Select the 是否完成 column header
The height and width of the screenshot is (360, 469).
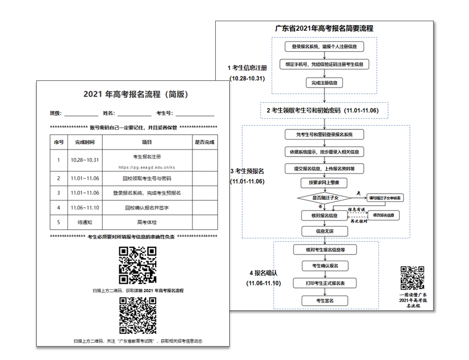(x=204, y=142)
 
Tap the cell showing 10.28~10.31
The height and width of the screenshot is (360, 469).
(x=85, y=160)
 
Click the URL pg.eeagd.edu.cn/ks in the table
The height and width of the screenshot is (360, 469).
(x=147, y=167)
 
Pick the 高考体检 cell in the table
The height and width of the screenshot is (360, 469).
(x=147, y=222)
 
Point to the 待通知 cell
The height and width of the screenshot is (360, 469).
(x=85, y=222)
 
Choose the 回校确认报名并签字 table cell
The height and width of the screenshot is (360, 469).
(x=147, y=207)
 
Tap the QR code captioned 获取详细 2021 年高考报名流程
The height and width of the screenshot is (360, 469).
(x=137, y=265)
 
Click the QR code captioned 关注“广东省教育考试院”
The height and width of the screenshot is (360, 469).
(x=137, y=316)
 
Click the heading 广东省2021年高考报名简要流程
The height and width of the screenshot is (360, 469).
(x=324, y=28)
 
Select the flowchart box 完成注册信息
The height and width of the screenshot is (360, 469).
(x=324, y=83)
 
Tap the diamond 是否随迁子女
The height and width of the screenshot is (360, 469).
(x=324, y=198)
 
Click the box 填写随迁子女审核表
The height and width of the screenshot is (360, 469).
(x=385, y=198)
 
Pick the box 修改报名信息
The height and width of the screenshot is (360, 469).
(x=383, y=215)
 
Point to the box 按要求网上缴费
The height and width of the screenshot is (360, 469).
(x=324, y=183)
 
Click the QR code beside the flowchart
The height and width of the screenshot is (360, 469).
(x=412, y=277)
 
